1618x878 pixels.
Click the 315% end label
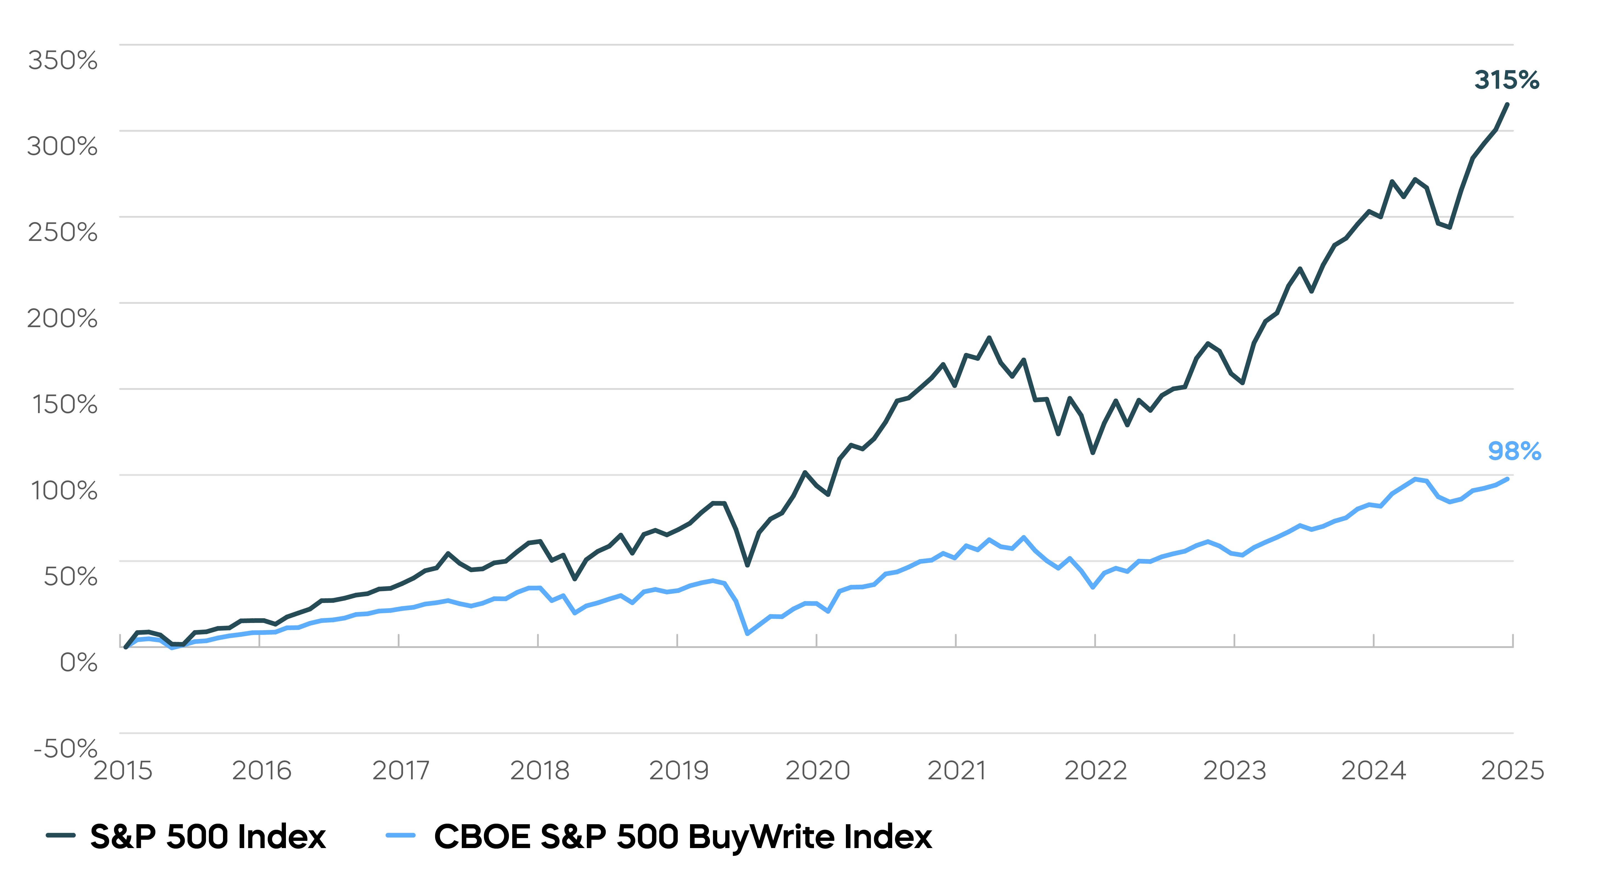tap(1506, 80)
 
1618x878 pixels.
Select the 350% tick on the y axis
tap(63, 60)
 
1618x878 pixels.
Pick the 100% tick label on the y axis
tap(64, 490)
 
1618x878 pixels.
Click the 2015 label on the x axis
tap(123, 771)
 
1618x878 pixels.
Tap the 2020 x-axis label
tap(817, 771)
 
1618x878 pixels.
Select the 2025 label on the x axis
tap(1512, 771)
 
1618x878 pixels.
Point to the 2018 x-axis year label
tap(539, 771)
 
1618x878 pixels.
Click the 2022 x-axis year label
tap(1095, 771)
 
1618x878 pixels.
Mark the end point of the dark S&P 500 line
tap(1507, 105)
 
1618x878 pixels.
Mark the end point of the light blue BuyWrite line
tap(1507, 479)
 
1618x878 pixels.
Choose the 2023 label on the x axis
tap(1234, 771)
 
